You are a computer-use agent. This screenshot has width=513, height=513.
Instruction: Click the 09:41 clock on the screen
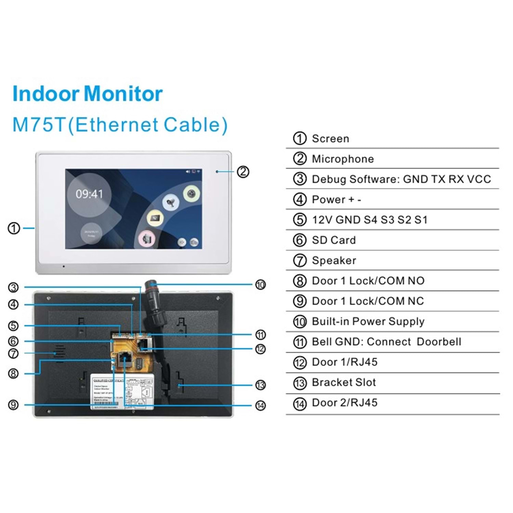pos(89,194)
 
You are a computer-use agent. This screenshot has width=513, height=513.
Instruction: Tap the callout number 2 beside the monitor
pos(243,172)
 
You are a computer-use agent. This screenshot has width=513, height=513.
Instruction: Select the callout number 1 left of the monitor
pos(14,228)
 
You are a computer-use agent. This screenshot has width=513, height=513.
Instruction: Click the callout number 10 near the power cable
pos(260,285)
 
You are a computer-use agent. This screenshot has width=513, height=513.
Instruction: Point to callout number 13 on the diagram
pos(260,385)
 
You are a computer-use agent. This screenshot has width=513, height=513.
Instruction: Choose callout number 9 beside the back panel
pos(13,405)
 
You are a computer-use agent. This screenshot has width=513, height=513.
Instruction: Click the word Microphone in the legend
pos(343,159)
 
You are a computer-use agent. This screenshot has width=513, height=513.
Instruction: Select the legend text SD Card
pos(333,240)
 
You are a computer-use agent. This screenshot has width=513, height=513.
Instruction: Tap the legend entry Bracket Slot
pos(344,382)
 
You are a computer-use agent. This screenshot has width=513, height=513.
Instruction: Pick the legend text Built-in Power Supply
pos(368,321)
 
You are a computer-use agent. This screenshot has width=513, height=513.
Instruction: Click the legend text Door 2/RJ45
pos(344,403)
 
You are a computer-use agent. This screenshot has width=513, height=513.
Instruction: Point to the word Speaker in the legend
pos(334,261)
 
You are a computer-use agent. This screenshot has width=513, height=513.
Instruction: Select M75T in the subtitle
pos(39,125)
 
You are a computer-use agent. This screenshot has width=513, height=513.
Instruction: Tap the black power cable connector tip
pos(150,285)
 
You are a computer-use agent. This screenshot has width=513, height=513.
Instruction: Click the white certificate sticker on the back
pos(122,391)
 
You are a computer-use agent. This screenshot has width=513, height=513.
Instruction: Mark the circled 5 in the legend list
pos(300,220)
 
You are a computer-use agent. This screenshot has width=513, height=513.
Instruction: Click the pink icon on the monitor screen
pos(147,239)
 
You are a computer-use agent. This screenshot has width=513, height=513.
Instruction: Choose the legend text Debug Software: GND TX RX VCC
pos(401,179)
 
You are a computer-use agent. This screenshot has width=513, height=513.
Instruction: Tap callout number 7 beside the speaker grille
pos(13,353)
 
